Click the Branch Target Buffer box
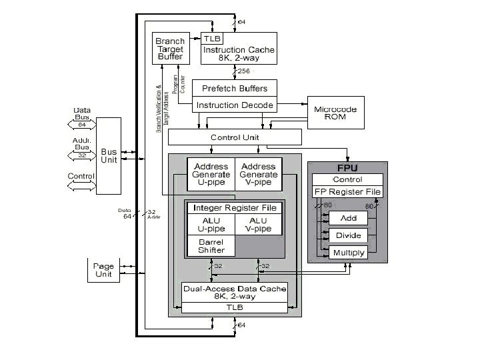(170, 49)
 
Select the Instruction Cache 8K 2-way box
(238, 54)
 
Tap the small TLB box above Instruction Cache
(212, 39)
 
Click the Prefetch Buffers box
(234, 89)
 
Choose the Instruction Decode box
(234, 105)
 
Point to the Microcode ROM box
(336, 113)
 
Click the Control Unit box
(234, 137)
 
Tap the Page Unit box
(104, 270)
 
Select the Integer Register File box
(234, 208)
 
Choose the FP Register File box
(347, 192)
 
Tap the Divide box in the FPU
(348, 235)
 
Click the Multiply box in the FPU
(348, 253)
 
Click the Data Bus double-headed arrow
(82, 124)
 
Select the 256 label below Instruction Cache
(243, 71)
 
